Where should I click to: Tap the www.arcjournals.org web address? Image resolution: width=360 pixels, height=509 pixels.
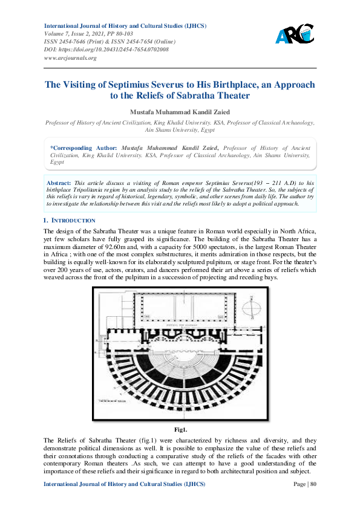click(70, 58)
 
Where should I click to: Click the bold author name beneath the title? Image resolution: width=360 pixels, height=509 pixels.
click(180, 111)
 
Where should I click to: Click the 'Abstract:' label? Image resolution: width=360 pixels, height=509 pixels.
click(59, 182)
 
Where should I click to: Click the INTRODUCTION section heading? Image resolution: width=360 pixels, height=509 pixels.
click(74, 221)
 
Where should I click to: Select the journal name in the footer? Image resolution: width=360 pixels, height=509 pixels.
click(125, 485)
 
